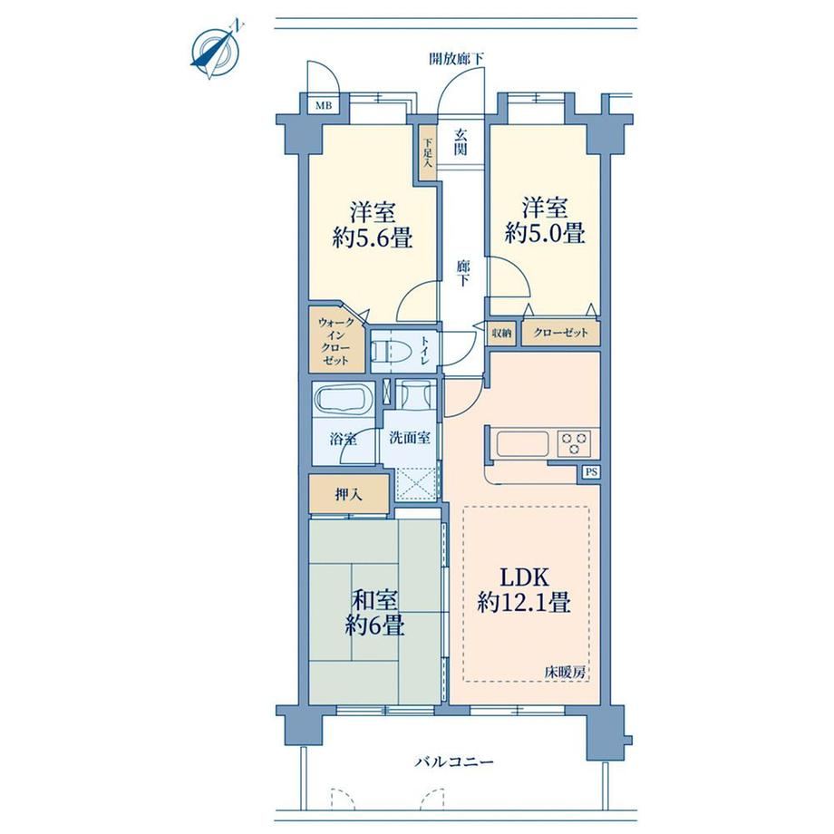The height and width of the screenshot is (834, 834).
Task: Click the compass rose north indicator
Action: tap(215, 50)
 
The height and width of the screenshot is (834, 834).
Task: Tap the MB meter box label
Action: tap(324, 105)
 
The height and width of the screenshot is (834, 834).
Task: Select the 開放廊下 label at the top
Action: tap(456, 59)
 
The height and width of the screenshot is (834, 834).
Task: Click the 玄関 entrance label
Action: tap(461, 141)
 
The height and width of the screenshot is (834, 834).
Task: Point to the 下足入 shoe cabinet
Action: tap(427, 153)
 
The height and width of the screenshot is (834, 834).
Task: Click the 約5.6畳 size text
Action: tap(373, 238)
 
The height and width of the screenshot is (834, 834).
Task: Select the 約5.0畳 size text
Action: tap(545, 232)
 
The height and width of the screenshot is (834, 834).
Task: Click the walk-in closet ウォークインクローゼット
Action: tap(337, 341)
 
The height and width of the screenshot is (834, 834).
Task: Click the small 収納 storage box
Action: tap(501, 334)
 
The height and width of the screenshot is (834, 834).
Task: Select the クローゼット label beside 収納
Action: tap(561, 333)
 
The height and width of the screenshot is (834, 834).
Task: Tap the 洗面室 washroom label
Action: tap(410, 438)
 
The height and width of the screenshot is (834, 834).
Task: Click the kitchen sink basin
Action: tap(522, 443)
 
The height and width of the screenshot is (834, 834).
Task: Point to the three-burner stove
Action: tap(574, 443)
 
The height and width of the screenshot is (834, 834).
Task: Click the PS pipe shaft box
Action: tap(591, 471)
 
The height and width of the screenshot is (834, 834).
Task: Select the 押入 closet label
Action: tap(349, 495)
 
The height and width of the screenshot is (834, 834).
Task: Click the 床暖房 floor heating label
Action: tap(565, 673)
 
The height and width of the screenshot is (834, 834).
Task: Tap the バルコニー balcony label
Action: tap(454, 762)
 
